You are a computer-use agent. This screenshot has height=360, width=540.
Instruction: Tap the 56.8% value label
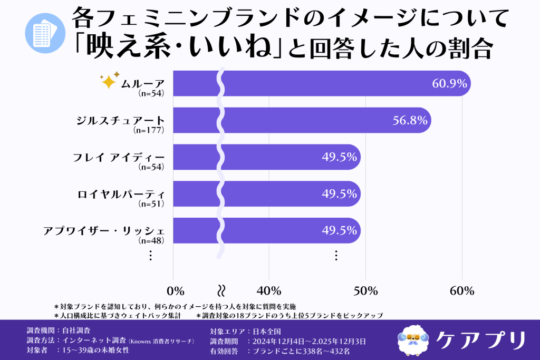pyautogui.click(x=410, y=120)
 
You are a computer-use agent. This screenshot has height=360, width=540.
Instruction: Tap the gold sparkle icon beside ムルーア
pyautogui.click(x=109, y=80)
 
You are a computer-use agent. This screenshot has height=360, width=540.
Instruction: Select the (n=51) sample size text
pyautogui.click(x=151, y=203)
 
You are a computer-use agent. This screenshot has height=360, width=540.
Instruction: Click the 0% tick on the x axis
pyautogui.click(x=175, y=291)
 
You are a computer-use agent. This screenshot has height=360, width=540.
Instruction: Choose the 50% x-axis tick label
pyautogui.click(x=365, y=291)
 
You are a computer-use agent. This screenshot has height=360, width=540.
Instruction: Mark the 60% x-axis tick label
pyautogui.click(x=462, y=291)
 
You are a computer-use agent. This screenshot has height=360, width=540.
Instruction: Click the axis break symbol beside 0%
pyautogui.click(x=222, y=290)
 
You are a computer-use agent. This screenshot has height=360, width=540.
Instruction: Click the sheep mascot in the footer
pyautogui.click(x=413, y=339)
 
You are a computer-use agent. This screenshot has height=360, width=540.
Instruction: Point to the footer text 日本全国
pyautogui.click(x=266, y=332)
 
